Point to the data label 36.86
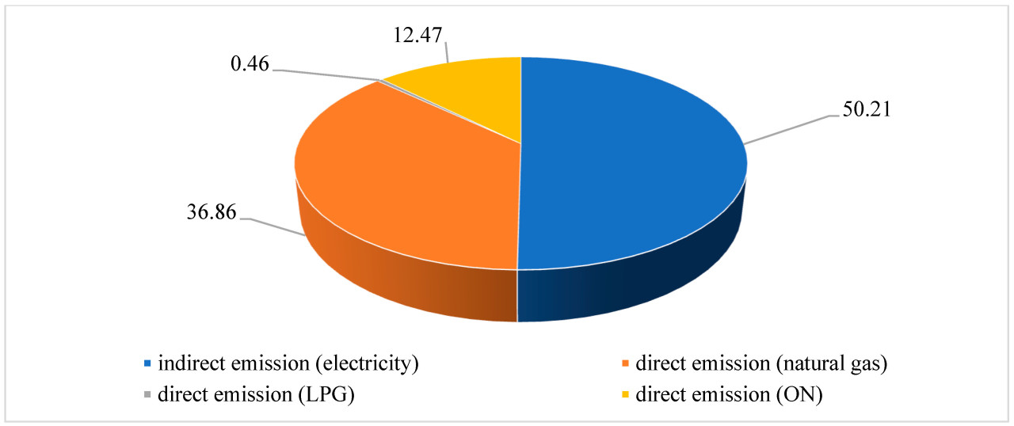(x=209, y=214)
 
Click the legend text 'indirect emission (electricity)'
(x=288, y=364)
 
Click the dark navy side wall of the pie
(x=634, y=285)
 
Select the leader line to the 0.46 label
(x=325, y=74)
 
